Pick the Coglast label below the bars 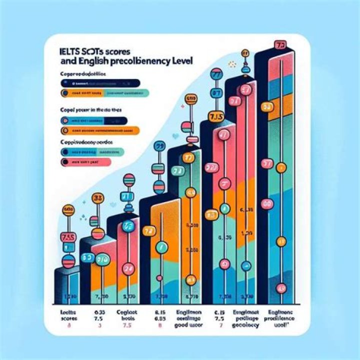(129, 310)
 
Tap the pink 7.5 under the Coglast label (128, 325)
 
